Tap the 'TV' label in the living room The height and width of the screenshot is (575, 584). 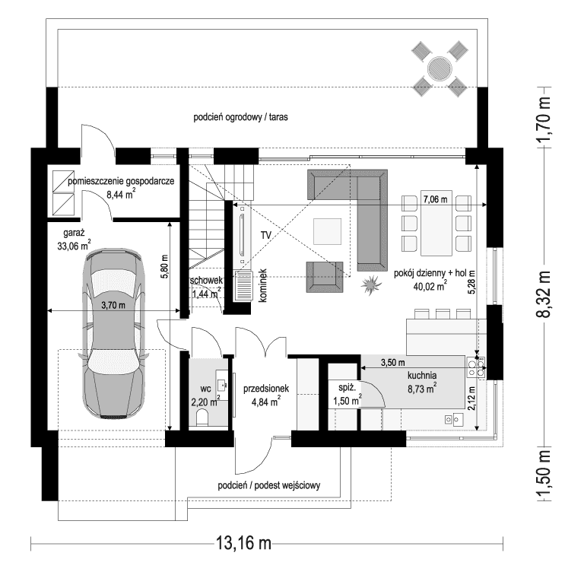[265, 235]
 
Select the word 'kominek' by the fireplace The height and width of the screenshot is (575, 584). [260, 287]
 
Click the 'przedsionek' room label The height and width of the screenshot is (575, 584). [262, 388]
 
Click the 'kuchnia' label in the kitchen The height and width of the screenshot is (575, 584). [421, 375]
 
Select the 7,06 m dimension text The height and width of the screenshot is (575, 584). [436, 199]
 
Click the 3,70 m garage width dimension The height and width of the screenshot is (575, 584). [116, 304]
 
